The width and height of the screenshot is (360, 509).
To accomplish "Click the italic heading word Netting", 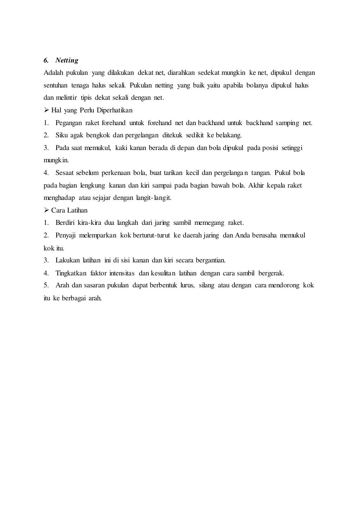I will coord(67,60).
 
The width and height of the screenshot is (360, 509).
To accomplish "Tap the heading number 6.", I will coord(46,60).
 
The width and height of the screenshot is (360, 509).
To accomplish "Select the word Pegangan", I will coord(69,123).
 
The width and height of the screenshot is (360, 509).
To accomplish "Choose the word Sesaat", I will coord(64,173).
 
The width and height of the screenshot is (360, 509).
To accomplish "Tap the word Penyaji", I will coord(66,235).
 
